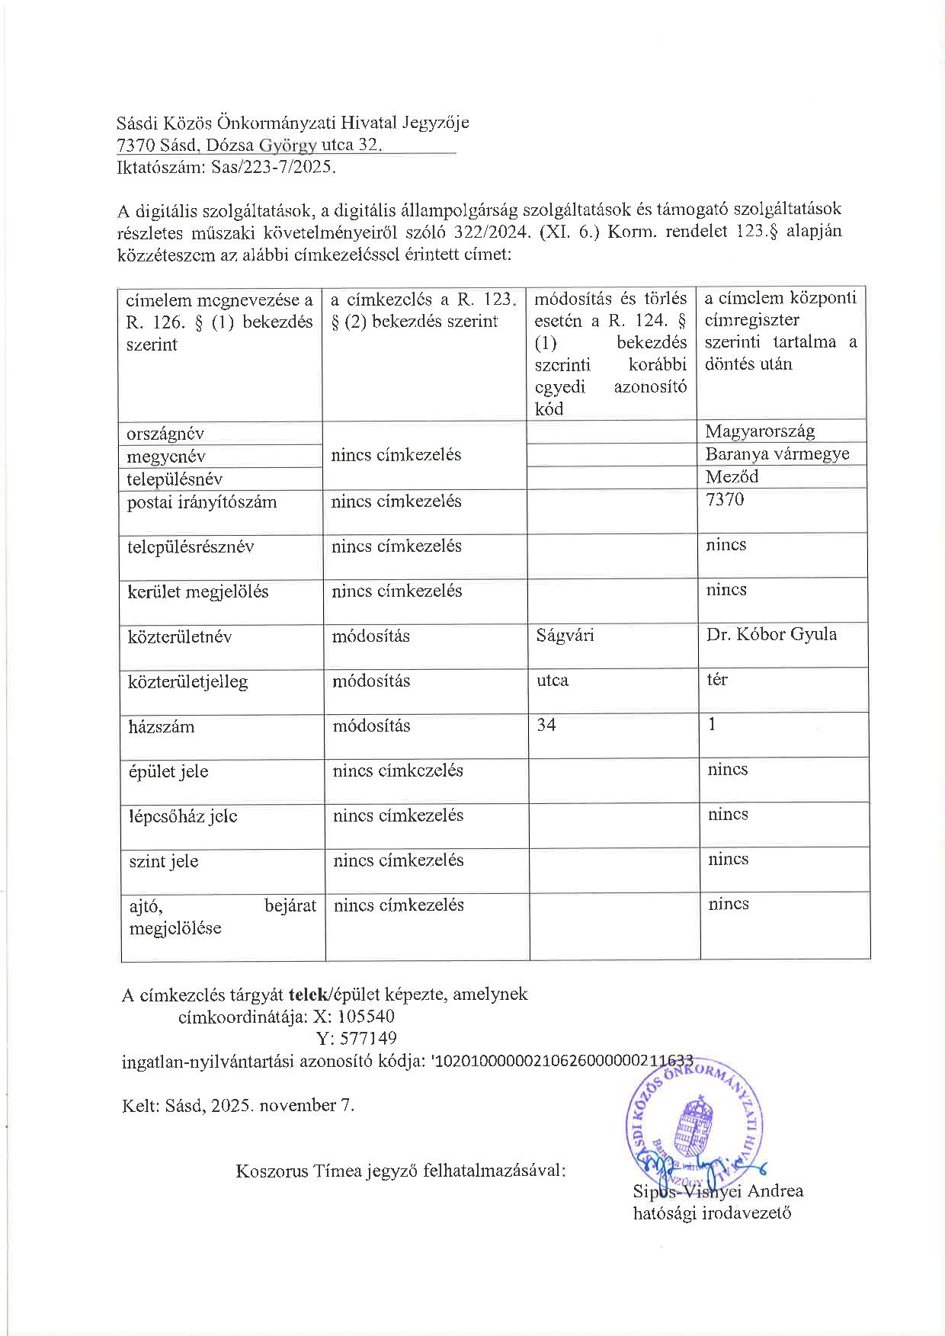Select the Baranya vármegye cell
(x=777, y=453)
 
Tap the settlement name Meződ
(x=732, y=476)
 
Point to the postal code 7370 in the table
(x=725, y=499)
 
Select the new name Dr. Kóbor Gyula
(x=771, y=633)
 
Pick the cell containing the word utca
(x=553, y=680)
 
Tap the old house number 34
(x=546, y=724)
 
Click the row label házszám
(x=161, y=726)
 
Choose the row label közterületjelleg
(x=187, y=681)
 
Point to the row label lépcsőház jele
(x=183, y=816)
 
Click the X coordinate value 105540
(x=365, y=1016)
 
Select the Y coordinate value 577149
(x=367, y=1038)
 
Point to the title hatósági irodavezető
(x=712, y=1213)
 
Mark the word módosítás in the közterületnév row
(x=370, y=636)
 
